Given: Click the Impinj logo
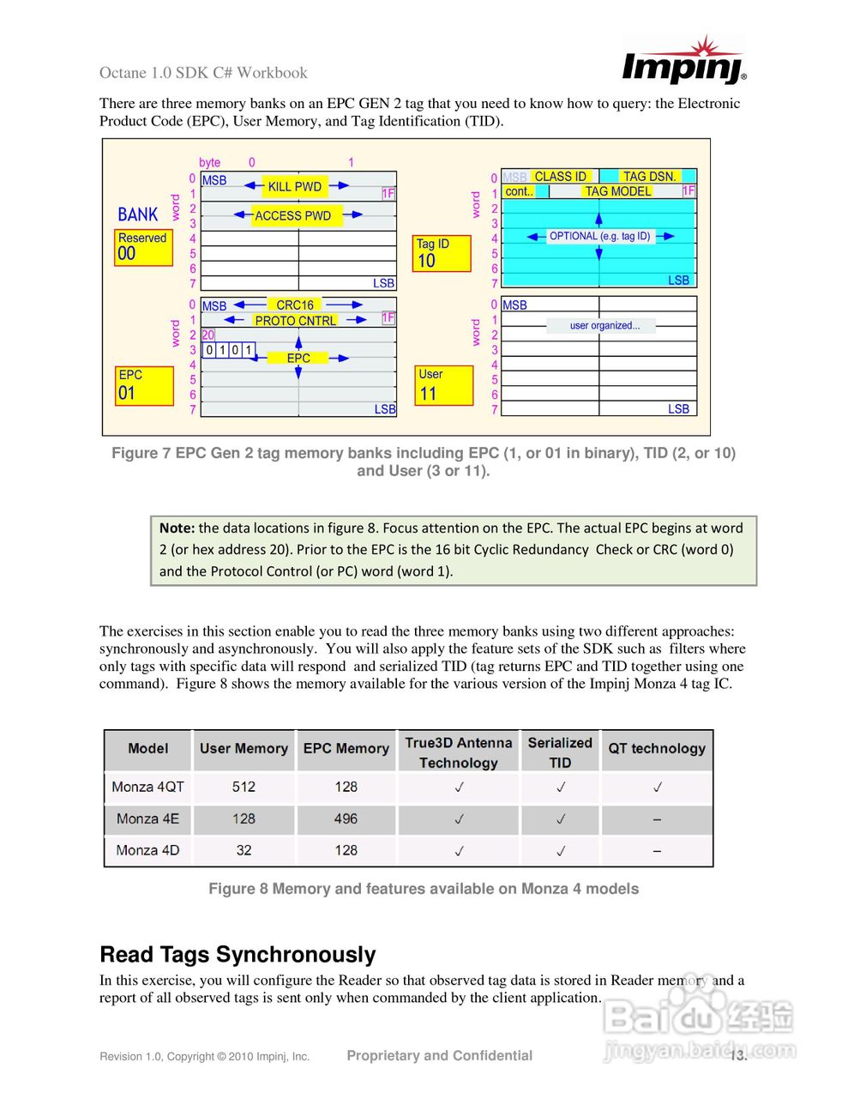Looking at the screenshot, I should click(x=683, y=62).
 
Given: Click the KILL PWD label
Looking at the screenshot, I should click(x=294, y=186).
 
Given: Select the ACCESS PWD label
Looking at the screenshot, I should click(x=292, y=215).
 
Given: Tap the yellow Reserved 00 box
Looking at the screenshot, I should click(x=143, y=247).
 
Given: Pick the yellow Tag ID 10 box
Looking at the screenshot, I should click(x=441, y=254).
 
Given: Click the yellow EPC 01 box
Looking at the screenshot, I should click(x=144, y=386).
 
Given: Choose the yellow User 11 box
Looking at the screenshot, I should click(x=442, y=386).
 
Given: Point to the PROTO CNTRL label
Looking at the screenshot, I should click(x=295, y=320).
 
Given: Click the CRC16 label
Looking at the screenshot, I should click(x=294, y=305).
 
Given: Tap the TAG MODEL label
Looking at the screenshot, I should click(x=617, y=191).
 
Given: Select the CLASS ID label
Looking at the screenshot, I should click(x=560, y=177).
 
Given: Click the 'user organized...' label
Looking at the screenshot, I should click(x=604, y=326).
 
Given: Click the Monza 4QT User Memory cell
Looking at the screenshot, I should click(x=244, y=787).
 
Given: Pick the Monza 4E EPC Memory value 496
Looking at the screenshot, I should click(x=346, y=819).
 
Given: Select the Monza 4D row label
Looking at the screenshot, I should click(x=147, y=850).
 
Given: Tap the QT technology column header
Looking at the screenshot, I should click(x=657, y=748).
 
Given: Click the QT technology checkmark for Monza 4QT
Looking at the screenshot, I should click(x=657, y=787).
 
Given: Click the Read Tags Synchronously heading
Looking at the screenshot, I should click(x=238, y=955).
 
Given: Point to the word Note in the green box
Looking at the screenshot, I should click(x=176, y=528).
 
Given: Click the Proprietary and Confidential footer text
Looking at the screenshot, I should click(x=439, y=1056).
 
